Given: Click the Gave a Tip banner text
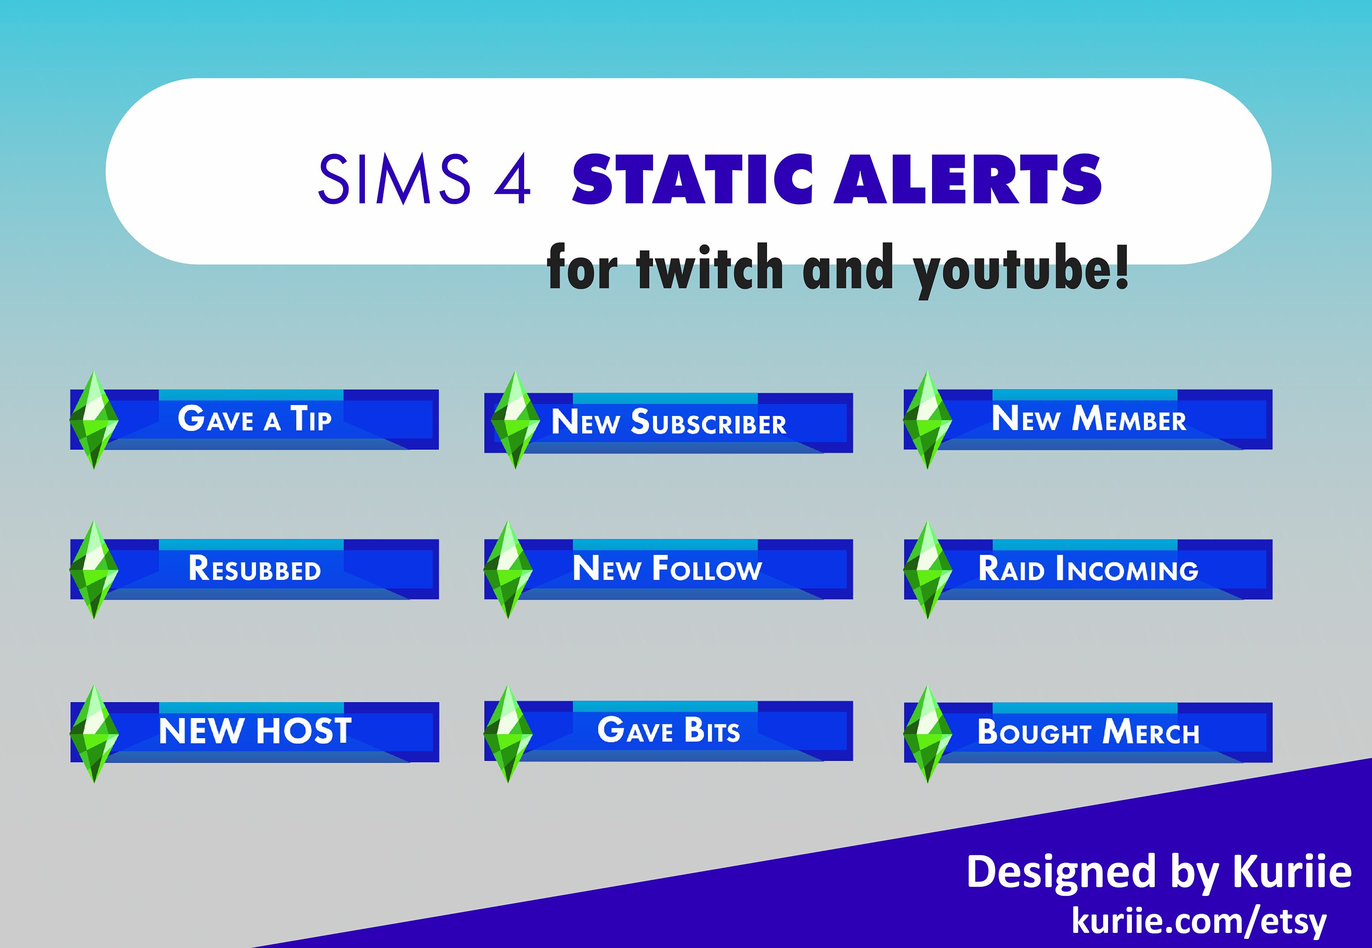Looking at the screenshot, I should [254, 419].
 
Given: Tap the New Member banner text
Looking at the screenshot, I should [1088, 419].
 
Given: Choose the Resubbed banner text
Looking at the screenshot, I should [254, 569].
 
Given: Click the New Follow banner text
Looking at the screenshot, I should [667, 569].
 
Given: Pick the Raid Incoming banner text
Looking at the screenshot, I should [1088, 569].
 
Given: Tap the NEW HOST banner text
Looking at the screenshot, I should [255, 731].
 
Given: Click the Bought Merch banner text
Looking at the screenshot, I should [1088, 732].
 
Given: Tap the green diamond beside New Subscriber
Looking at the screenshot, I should [515, 420].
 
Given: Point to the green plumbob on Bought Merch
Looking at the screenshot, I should [927, 734].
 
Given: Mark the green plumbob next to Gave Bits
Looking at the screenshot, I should [508, 734].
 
